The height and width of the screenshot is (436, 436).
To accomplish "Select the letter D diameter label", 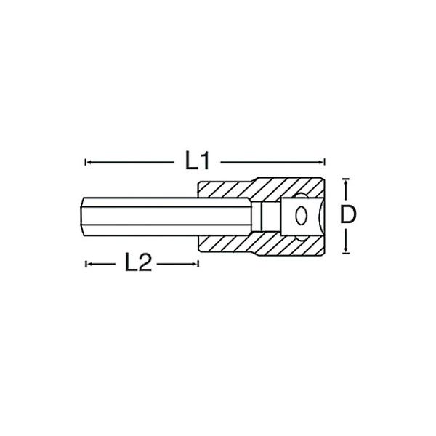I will (x=349, y=214).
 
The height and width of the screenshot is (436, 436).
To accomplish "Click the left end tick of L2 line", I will (x=86, y=263).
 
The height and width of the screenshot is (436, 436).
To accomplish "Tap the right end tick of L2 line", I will (x=198, y=263).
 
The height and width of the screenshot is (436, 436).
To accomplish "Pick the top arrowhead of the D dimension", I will (x=347, y=180).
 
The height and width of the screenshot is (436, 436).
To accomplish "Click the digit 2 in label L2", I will (x=145, y=263).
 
